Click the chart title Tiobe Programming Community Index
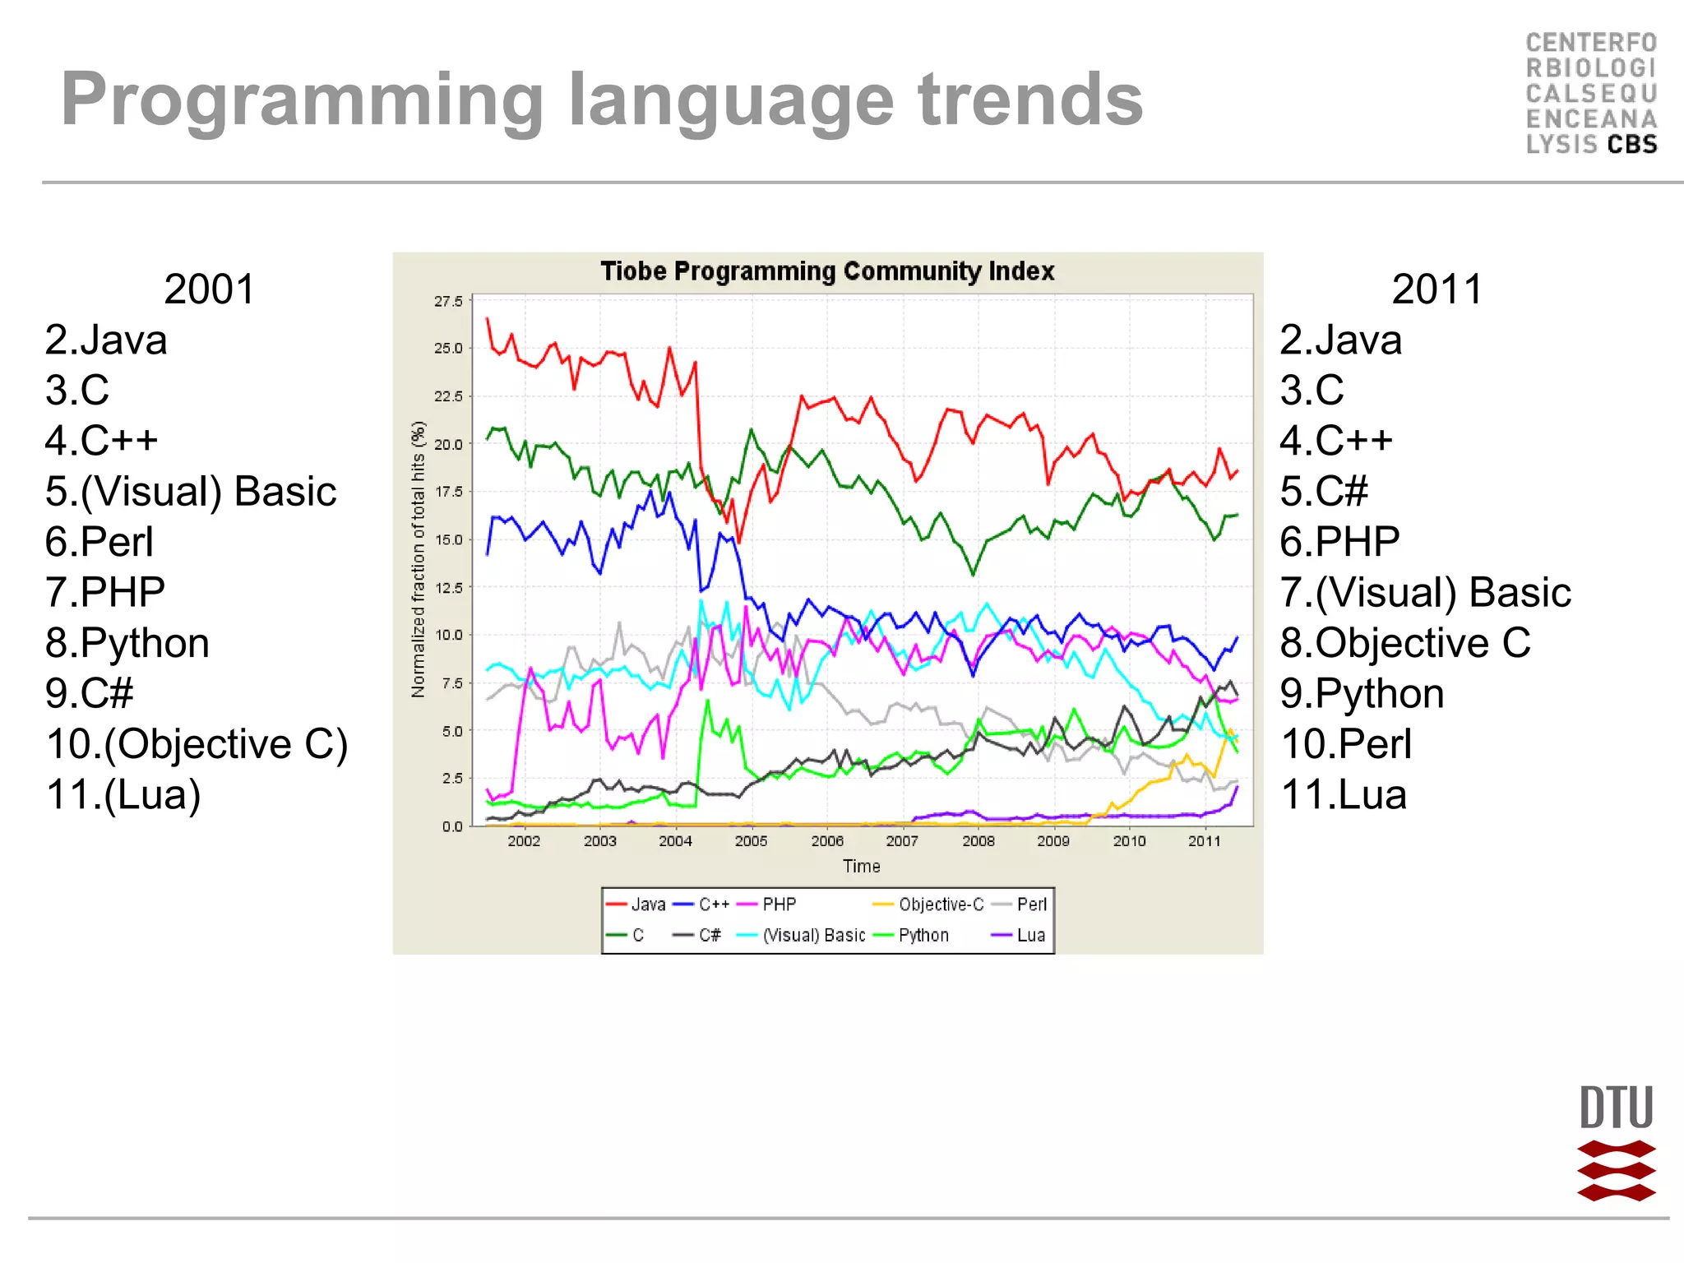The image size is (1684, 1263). coord(827,271)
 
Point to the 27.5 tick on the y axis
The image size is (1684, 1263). coord(449,302)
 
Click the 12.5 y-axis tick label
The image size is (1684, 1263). coord(449,588)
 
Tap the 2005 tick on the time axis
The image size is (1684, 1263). coord(751,841)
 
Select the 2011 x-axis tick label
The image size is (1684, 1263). coord(1205,841)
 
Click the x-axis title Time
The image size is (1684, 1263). coord(861,867)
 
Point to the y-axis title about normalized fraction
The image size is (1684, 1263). coord(419,559)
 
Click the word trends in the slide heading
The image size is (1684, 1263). coord(1030,99)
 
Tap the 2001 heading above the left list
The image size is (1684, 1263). coord(210,289)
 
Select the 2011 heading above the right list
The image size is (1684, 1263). coord(1436,289)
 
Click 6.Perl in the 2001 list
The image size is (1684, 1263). coord(99,542)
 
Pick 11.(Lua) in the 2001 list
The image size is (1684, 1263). coord(123,794)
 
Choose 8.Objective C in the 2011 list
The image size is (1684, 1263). coord(1405,643)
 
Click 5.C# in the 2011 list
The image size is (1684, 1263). coord(1324,492)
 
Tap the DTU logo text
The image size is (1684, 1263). coord(1616,1108)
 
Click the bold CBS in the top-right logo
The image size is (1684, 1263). coord(1632,145)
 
